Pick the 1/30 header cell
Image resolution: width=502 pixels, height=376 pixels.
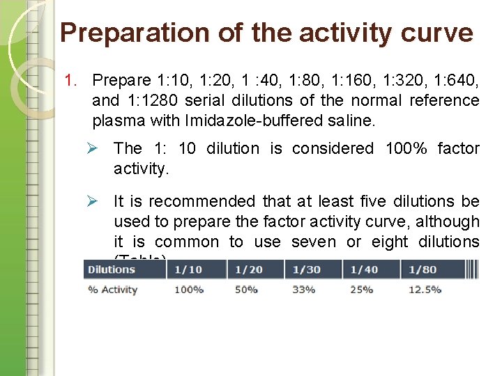pos(304,269)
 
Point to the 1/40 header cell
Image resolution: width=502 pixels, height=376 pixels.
pos(362,269)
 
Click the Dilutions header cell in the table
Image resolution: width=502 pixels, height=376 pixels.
pos(112,269)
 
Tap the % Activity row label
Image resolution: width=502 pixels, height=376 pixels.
pos(112,290)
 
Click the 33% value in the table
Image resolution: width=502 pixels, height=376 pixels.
pos(304,290)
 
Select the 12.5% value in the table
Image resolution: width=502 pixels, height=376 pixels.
pos(425,290)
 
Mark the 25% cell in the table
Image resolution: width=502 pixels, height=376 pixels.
pos(362,290)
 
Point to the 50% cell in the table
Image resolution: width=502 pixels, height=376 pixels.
pos(247,290)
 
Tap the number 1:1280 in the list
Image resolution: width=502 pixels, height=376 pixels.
pos(151,100)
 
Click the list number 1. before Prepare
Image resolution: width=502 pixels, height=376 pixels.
pos(71,80)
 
